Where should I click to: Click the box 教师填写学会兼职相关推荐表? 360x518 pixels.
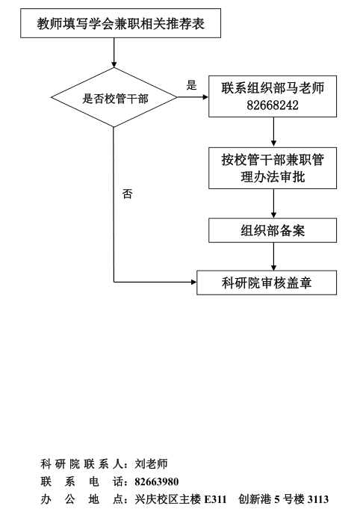(x=120, y=23)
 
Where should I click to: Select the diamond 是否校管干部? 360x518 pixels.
(x=114, y=97)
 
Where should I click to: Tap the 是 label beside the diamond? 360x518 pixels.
(x=191, y=85)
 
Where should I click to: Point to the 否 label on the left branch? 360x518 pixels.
(x=128, y=194)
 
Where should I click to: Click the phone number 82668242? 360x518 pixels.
(x=273, y=105)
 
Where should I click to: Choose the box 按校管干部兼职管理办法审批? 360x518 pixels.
(x=273, y=168)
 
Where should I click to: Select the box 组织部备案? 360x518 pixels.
(x=273, y=230)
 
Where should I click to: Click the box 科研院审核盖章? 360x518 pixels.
(x=267, y=283)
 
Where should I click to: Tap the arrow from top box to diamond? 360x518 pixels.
(x=114, y=52)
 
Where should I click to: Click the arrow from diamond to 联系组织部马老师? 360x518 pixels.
(x=193, y=97)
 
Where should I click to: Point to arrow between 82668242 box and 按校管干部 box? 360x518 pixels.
(x=273, y=132)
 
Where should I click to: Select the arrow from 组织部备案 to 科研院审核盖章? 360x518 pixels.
(x=273, y=256)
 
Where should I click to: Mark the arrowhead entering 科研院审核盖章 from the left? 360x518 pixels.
(x=194, y=282)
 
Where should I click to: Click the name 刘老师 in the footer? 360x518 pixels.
(x=151, y=464)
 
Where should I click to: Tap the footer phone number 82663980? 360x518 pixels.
(x=156, y=481)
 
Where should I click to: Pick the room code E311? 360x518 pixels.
(x=215, y=499)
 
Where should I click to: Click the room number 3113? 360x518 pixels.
(x=317, y=499)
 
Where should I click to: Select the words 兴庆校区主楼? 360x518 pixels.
(x=167, y=499)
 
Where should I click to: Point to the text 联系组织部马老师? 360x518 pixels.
(x=273, y=88)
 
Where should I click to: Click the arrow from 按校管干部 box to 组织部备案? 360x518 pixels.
(x=273, y=203)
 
